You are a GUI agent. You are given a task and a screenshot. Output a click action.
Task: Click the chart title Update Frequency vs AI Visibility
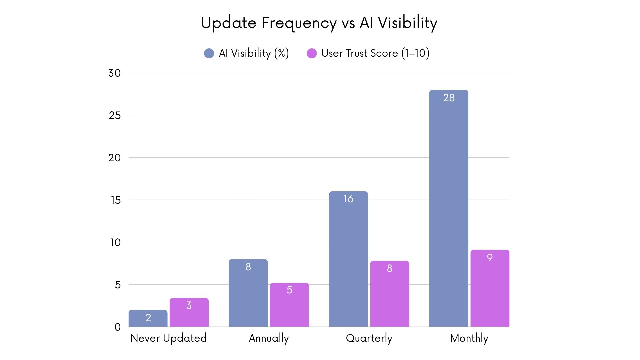pyautogui.click(x=319, y=23)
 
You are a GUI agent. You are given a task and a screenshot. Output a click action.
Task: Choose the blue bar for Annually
pyautogui.click(x=248, y=293)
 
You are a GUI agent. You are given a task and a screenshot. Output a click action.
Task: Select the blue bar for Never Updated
pyautogui.click(x=148, y=318)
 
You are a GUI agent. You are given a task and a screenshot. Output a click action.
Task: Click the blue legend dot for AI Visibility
pyautogui.click(x=209, y=53)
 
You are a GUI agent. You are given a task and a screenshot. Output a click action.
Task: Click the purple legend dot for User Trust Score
pyautogui.click(x=312, y=53)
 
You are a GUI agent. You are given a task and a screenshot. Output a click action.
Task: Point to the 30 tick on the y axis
pyautogui.click(x=114, y=73)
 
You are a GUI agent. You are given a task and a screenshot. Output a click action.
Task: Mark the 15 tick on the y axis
pyautogui.click(x=115, y=200)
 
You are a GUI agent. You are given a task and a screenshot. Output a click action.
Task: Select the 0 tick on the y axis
pyautogui.click(x=117, y=327)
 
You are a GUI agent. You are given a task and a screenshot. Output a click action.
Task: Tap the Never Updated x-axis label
pyautogui.click(x=168, y=338)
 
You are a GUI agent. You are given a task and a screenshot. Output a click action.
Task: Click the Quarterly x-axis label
pyautogui.click(x=369, y=338)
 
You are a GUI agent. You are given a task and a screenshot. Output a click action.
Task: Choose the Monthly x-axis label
pyautogui.click(x=469, y=338)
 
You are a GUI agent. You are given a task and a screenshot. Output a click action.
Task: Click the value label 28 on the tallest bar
pyautogui.click(x=449, y=98)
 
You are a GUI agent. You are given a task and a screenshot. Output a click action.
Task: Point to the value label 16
pyautogui.click(x=348, y=199)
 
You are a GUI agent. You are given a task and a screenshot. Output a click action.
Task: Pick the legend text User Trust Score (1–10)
pyautogui.click(x=375, y=53)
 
